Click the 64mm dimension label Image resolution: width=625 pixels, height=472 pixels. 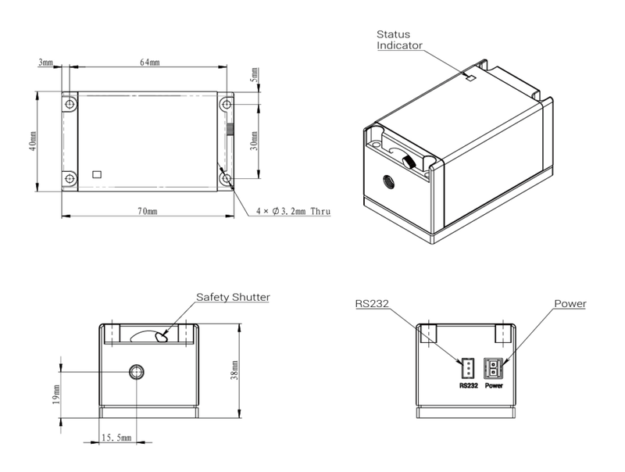(150, 63)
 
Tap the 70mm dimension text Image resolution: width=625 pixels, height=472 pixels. (148, 211)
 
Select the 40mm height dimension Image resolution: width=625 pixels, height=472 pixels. (33, 141)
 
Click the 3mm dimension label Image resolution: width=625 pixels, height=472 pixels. (45, 63)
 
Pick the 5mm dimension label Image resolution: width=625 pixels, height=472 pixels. (254, 75)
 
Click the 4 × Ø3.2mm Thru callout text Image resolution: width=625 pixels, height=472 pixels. (293, 211)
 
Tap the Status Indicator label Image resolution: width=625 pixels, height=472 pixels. (399, 40)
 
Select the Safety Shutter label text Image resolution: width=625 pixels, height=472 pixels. (233, 298)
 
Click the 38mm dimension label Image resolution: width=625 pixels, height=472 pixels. (234, 370)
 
